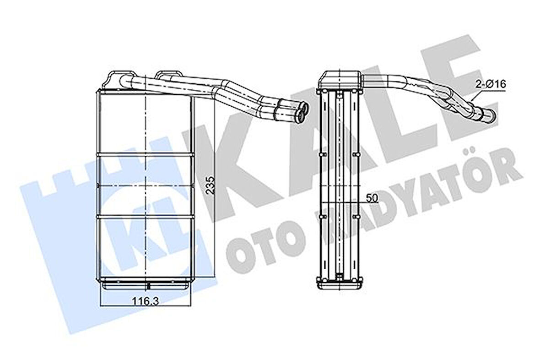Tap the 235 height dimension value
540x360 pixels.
(211, 185)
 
